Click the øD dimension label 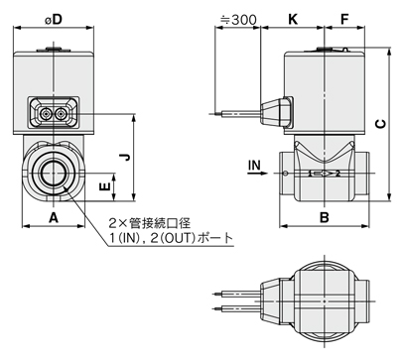point(54,20)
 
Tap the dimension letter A point(54,218)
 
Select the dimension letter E point(104,187)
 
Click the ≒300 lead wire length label point(238,20)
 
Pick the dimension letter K point(293,19)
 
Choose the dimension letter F point(344,19)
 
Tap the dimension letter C point(381,124)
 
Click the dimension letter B point(325,217)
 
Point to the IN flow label point(254,165)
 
